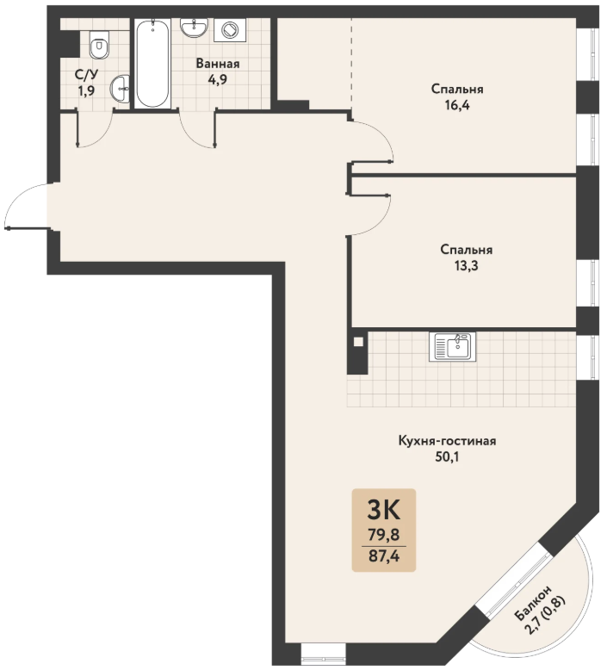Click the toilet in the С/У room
pos(100,45)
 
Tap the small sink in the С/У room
pos(120,90)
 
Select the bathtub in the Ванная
pos(152,63)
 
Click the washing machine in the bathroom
pos(230,30)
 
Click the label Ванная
pos(218,64)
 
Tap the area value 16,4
pos(457,105)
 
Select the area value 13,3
pos(466,266)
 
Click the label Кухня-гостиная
pos(447,441)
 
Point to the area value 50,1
pos(447,457)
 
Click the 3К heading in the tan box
pos(384,510)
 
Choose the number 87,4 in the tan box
pos(384,556)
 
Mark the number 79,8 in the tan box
pos(384,534)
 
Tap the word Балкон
pos(533,603)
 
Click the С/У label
pos(86,75)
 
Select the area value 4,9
pos(218,80)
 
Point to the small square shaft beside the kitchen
pos(359,342)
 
